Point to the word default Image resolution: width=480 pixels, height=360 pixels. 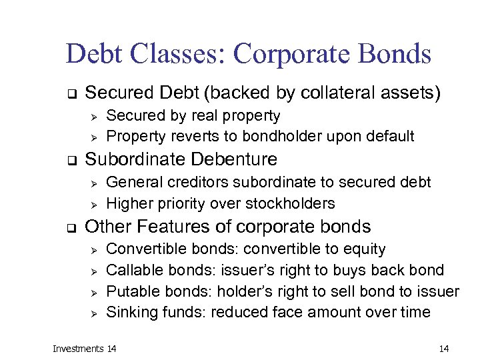pos(390,137)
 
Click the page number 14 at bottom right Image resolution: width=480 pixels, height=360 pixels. pos(445,349)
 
